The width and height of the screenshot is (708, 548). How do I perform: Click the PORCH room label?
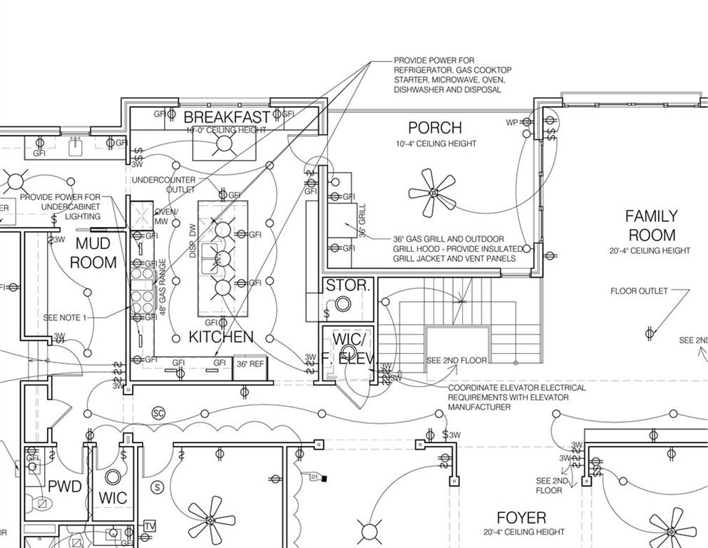tap(435, 128)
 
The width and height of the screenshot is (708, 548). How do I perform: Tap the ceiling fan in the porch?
tap(432, 192)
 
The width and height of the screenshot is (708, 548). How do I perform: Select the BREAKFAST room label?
tap(227, 117)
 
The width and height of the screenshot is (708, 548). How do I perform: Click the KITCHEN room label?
tap(221, 337)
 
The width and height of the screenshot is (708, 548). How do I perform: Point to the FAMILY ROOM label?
tap(651, 225)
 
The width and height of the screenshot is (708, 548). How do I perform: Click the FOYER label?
tap(521, 518)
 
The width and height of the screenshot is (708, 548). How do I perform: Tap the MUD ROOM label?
tap(93, 253)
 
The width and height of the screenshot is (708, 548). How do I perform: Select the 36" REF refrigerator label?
tap(250, 365)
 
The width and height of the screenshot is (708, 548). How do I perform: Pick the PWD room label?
tap(65, 487)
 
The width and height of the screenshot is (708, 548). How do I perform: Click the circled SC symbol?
tap(158, 413)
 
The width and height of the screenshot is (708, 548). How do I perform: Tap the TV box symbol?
tap(150, 527)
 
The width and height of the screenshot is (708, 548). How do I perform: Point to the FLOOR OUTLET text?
tap(639, 291)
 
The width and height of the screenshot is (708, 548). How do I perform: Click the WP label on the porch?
tap(512, 123)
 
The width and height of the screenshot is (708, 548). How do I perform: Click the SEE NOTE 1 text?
tap(65, 318)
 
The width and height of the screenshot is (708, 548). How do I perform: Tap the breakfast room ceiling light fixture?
tap(225, 143)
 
